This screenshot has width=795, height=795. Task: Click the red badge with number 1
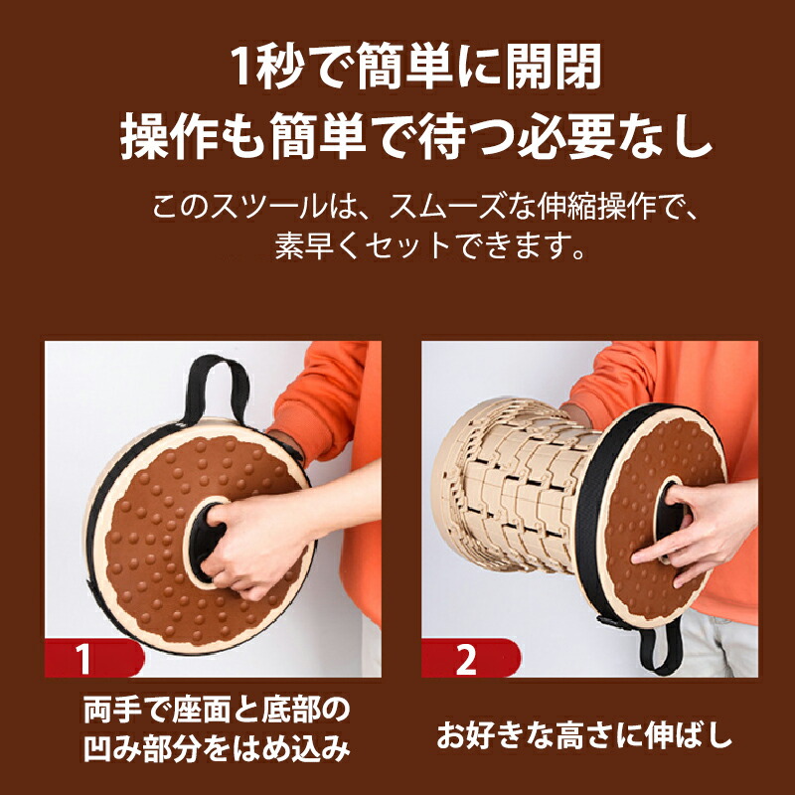[x=93, y=658]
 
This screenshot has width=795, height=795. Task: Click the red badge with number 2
[x=470, y=658]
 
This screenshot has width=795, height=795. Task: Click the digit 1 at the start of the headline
[x=241, y=67]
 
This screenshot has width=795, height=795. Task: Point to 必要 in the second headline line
[x=565, y=135]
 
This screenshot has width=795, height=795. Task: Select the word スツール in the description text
[x=267, y=207]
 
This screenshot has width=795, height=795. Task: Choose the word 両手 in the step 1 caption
[x=111, y=710]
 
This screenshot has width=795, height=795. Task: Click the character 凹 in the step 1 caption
[x=97, y=747]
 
